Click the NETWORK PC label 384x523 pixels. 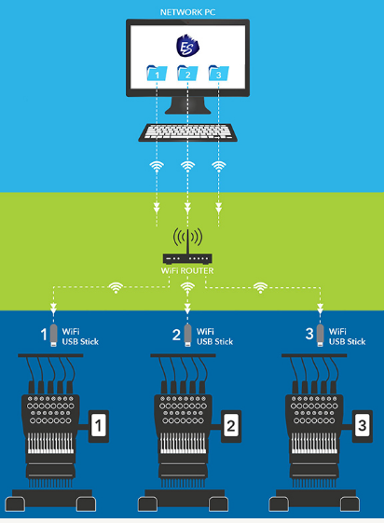click(x=187, y=12)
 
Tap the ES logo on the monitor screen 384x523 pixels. click(x=187, y=46)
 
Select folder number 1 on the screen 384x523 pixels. click(x=157, y=73)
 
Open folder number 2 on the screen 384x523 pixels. click(x=187, y=73)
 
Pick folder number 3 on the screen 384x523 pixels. click(x=219, y=73)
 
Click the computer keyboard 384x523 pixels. click(x=187, y=132)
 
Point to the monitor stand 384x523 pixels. click(x=187, y=105)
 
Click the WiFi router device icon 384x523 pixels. click(x=187, y=247)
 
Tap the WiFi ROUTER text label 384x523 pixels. click(x=187, y=270)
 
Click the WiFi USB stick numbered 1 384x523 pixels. click(x=53, y=335)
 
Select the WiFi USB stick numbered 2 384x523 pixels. click(x=187, y=335)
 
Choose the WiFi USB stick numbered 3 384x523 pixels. click(x=320, y=335)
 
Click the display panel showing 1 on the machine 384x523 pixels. click(x=99, y=426)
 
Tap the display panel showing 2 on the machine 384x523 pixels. click(x=230, y=426)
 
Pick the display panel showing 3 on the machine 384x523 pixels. click(x=362, y=426)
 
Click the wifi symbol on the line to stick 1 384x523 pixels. click(x=116, y=287)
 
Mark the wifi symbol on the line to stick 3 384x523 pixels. click(x=260, y=287)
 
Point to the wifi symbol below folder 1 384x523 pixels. click(x=157, y=167)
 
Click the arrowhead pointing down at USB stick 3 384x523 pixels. click(x=320, y=309)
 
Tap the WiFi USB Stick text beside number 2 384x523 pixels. click(x=214, y=337)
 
